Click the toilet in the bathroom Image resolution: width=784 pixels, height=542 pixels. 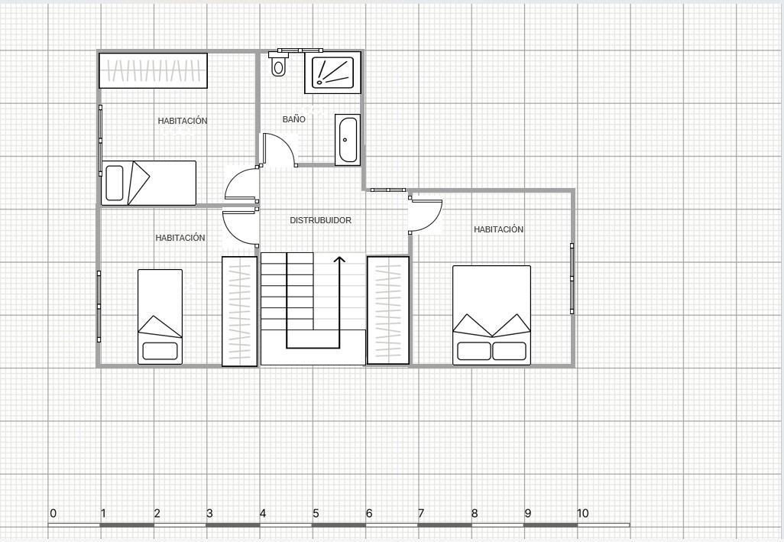click(x=279, y=67)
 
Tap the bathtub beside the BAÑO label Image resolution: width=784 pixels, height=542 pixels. click(x=348, y=140)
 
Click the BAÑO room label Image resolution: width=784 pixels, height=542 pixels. click(x=293, y=119)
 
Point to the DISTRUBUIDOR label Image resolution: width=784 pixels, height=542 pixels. click(x=320, y=220)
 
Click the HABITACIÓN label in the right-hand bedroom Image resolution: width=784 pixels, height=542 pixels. click(x=498, y=229)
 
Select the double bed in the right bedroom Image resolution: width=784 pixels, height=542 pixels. click(x=491, y=315)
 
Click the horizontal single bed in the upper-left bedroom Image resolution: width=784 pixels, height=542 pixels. click(x=149, y=183)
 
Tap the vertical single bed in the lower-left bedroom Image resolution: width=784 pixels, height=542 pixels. click(x=160, y=316)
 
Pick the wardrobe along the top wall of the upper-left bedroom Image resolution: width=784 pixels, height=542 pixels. click(x=154, y=70)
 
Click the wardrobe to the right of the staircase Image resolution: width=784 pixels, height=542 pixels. click(x=388, y=310)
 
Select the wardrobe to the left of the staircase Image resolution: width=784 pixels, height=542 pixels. click(x=239, y=311)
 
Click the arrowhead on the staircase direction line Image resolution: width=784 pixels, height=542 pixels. click(x=339, y=260)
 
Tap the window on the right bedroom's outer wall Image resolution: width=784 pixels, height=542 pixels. click(x=572, y=278)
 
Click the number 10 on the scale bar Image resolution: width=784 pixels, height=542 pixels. click(x=582, y=513)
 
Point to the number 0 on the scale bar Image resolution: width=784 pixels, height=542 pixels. click(x=53, y=513)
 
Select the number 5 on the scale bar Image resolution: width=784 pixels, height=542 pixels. click(x=316, y=513)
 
